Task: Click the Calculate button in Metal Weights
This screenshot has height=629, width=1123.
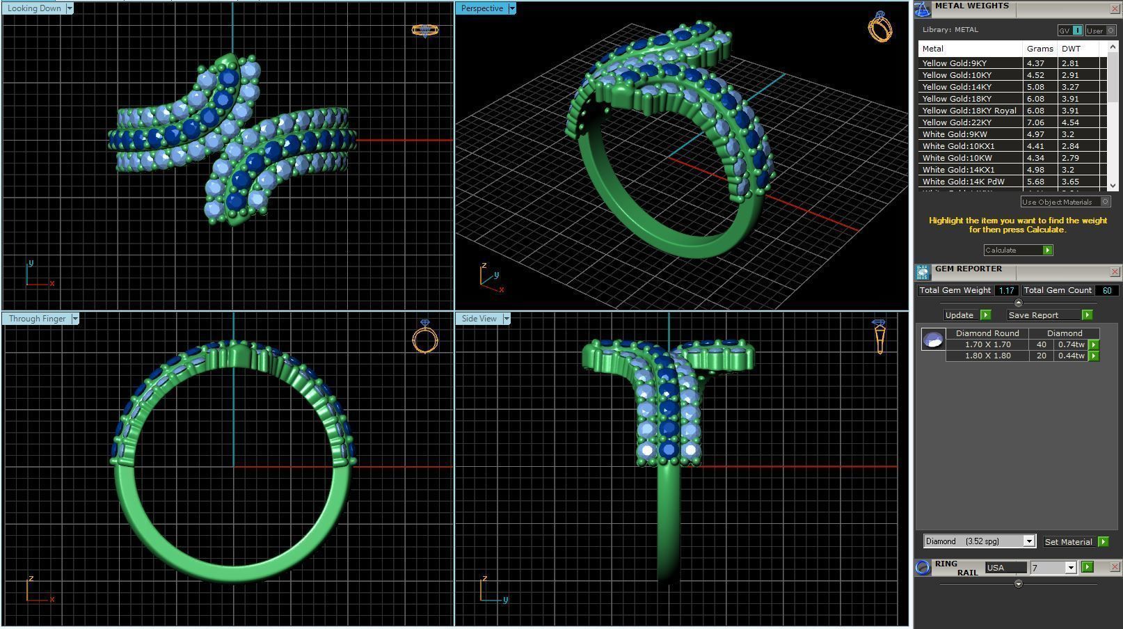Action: tap(1017, 250)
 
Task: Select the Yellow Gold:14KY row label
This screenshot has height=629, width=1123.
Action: tap(957, 87)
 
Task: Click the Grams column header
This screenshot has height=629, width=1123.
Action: tap(1040, 49)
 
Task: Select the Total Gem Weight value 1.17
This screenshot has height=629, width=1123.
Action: tap(1005, 291)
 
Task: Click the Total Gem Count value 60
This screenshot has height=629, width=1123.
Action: tap(1106, 291)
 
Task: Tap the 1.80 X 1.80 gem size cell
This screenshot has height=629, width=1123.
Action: tap(987, 356)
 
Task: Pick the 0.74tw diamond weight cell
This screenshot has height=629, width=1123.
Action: tap(1071, 344)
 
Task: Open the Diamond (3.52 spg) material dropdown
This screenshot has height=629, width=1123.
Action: tap(1028, 541)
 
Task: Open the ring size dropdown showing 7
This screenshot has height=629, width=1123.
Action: tap(1071, 568)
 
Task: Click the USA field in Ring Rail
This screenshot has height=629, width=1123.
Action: tap(1005, 568)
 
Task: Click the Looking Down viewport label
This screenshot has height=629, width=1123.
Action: tap(34, 8)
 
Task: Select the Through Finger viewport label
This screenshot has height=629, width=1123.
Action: tap(37, 319)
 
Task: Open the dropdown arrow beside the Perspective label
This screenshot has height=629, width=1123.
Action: tap(512, 8)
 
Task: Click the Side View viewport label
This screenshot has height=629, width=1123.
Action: tap(479, 319)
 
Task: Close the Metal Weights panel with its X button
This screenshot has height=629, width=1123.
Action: tap(1115, 8)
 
